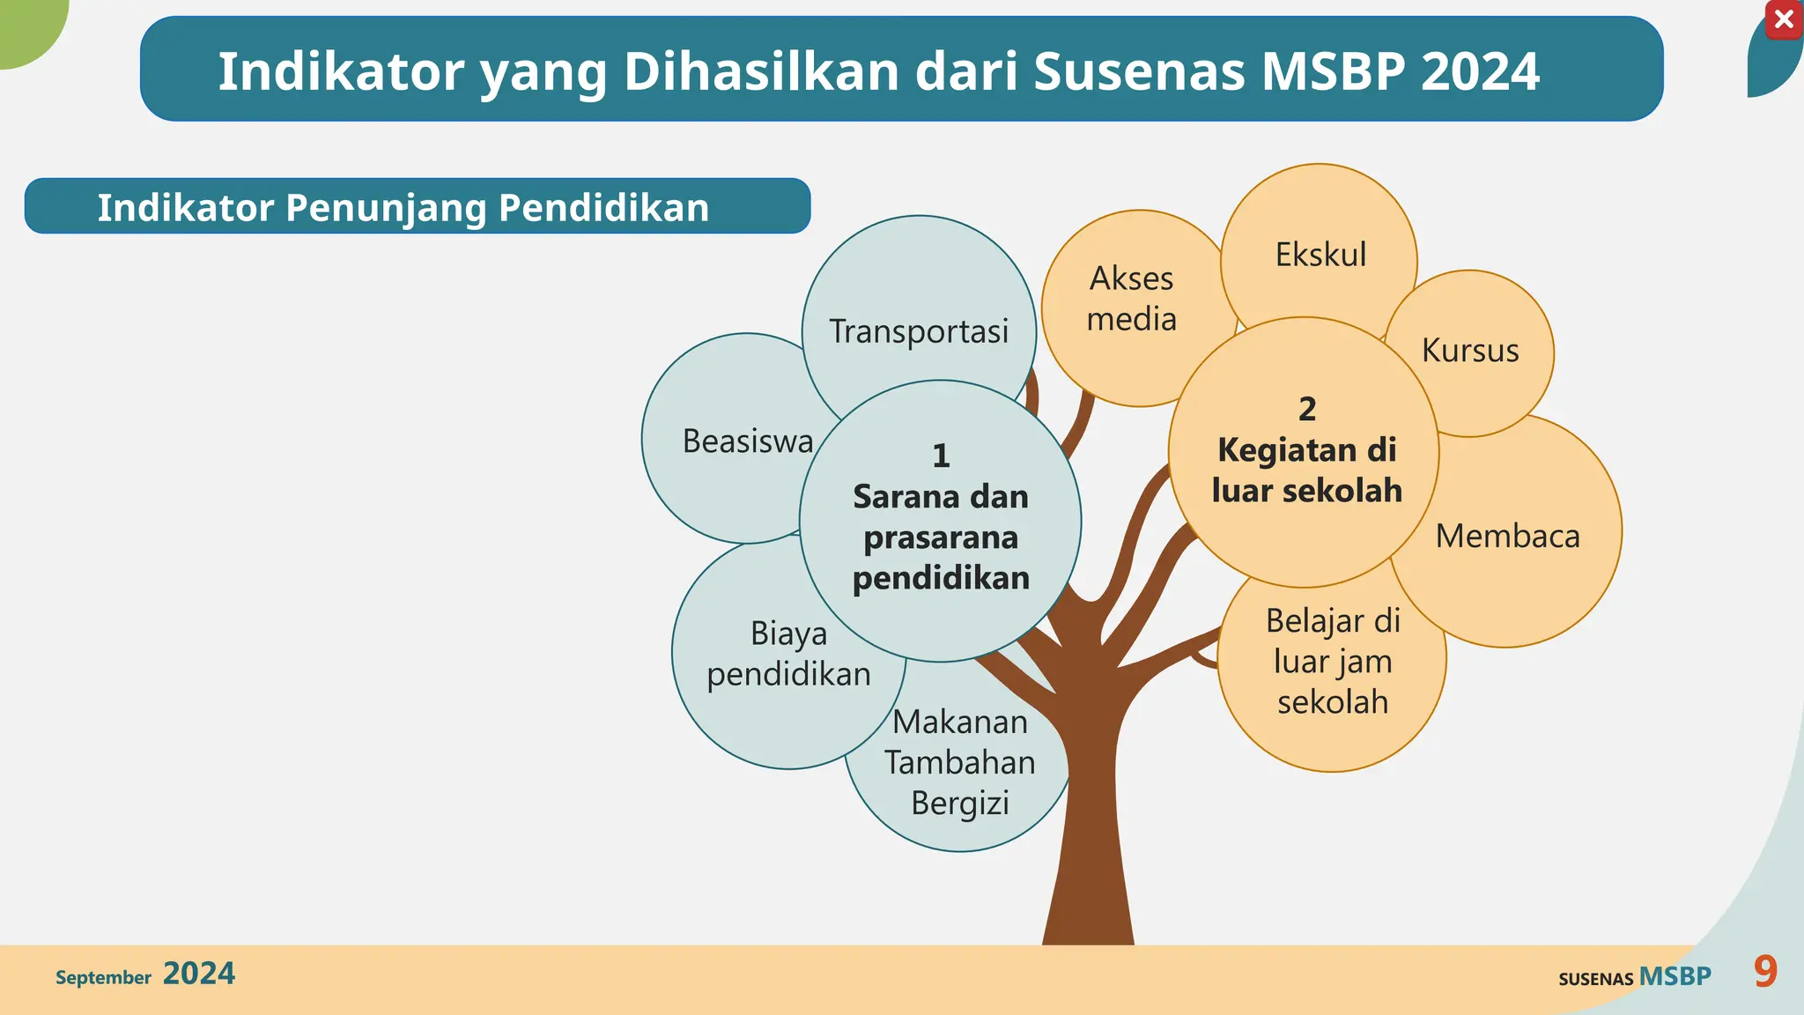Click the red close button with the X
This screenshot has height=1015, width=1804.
(x=1784, y=19)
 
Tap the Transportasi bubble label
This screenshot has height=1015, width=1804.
(x=919, y=331)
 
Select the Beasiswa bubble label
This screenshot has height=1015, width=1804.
(x=748, y=441)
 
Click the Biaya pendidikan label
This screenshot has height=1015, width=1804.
(x=788, y=654)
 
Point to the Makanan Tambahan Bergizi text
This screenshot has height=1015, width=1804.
(x=960, y=762)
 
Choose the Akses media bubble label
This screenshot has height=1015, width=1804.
(x=1132, y=299)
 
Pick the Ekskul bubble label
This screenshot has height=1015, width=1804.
(x=1320, y=255)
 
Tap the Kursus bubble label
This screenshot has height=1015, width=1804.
(x=1470, y=351)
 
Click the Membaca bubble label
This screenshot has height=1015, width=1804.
(x=1507, y=536)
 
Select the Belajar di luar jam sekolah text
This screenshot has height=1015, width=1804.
(x=1333, y=662)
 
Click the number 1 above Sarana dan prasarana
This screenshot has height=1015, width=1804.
(x=941, y=456)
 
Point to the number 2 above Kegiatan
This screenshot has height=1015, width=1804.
(x=1307, y=409)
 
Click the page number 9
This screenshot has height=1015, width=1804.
(x=1765, y=972)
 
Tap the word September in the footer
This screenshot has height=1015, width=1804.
(x=103, y=977)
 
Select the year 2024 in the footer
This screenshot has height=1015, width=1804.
(x=199, y=974)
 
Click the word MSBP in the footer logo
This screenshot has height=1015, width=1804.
(x=1675, y=976)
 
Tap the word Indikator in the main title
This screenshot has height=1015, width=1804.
(x=340, y=70)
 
